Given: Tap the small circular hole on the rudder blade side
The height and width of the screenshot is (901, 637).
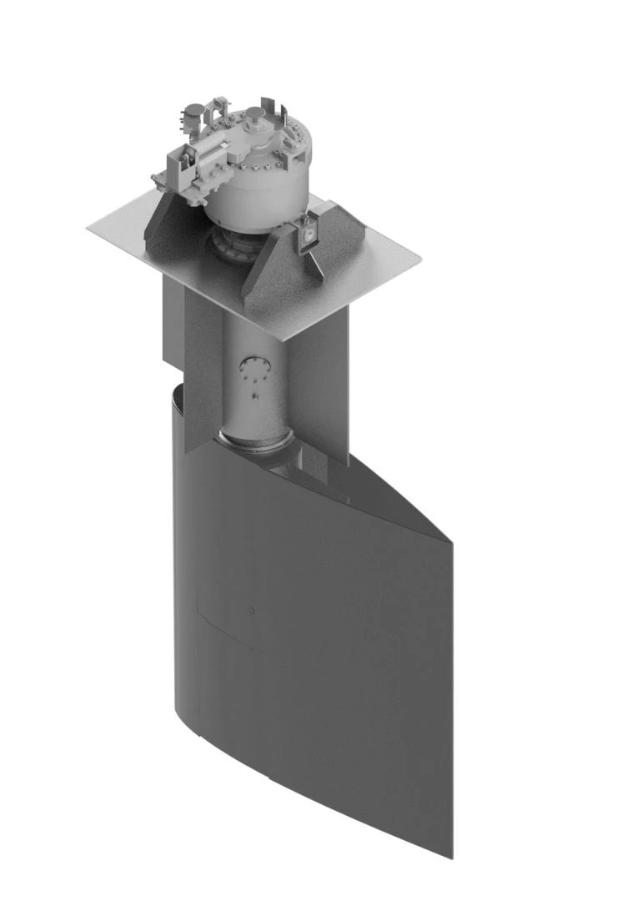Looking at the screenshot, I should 251,610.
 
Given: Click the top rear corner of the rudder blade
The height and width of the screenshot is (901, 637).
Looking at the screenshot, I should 451,541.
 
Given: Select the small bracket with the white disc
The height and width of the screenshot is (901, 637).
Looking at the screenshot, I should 307,234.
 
